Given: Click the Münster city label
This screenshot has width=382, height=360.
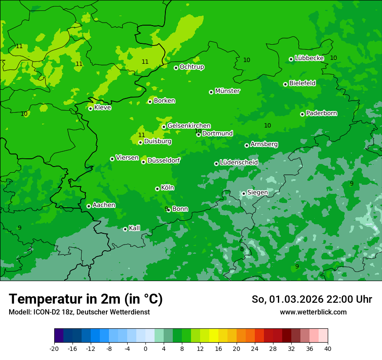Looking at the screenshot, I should click(x=227, y=91).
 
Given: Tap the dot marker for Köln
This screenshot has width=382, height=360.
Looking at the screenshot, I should click(x=157, y=189).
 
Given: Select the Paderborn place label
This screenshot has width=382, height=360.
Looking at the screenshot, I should click(x=322, y=113).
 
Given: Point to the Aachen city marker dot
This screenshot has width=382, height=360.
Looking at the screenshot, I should click(x=89, y=206).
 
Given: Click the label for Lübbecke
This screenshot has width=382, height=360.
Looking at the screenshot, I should click(x=310, y=58).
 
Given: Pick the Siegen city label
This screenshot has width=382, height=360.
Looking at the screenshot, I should click(x=257, y=193).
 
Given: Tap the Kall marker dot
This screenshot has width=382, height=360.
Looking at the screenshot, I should click(x=125, y=229).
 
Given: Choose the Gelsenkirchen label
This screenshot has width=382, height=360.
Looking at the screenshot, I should click(x=189, y=126).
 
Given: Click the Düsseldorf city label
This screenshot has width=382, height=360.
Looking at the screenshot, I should click(x=164, y=160).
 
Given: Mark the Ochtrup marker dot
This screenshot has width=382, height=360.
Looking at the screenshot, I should click(x=176, y=68).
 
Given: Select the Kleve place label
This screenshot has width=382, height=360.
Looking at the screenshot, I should click(x=102, y=108).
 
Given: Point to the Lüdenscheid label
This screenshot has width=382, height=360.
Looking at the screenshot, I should click(x=239, y=163).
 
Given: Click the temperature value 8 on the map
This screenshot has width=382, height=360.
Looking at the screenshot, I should click(x=242, y=249).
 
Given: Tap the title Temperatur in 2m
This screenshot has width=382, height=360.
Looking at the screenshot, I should click(x=86, y=299).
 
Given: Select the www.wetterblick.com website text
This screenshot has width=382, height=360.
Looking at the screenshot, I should click(x=313, y=312).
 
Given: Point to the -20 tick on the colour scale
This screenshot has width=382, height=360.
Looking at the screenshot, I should click(x=54, y=349).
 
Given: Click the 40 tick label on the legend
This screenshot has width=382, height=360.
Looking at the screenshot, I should click(x=328, y=349).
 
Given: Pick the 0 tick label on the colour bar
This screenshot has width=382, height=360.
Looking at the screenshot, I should click(x=145, y=349).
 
